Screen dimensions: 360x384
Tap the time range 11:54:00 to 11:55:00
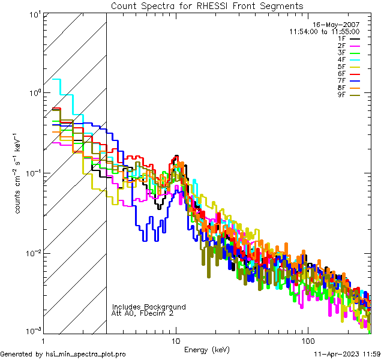coord(325,31)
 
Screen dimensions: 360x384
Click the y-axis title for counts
coord(19,173)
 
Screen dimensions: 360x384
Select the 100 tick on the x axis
coord(307,340)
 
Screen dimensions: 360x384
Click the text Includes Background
coord(149,307)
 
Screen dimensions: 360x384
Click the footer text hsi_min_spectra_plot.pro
coord(86,354)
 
